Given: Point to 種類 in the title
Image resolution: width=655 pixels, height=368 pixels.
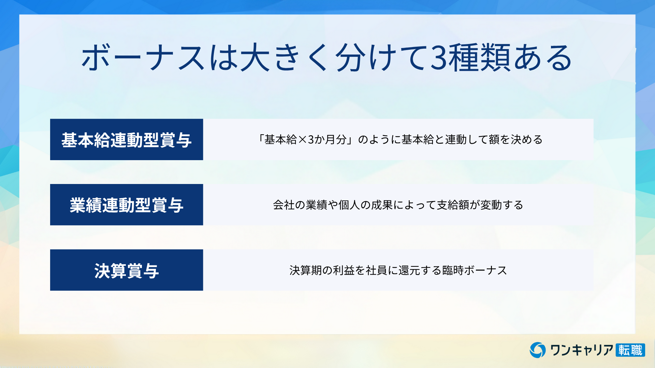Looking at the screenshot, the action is click(x=479, y=58).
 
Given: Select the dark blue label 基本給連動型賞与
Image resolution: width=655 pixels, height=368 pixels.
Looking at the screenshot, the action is click(x=127, y=139).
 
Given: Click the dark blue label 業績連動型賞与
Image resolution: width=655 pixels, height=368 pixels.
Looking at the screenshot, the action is click(x=127, y=205).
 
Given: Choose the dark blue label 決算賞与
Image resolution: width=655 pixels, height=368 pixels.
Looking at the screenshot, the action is click(x=127, y=270).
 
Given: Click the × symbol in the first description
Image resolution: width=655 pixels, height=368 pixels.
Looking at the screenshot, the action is click(x=303, y=140).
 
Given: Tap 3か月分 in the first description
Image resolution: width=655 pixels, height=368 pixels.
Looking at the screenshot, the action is click(x=327, y=140).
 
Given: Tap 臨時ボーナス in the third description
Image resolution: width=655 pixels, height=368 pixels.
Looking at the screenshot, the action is click(x=475, y=270).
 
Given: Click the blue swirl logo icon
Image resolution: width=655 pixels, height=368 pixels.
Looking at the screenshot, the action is click(x=538, y=350).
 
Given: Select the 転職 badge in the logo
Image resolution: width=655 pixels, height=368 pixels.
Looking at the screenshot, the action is click(x=630, y=350).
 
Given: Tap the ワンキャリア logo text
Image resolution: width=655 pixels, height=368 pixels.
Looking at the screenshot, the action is click(x=582, y=350).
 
